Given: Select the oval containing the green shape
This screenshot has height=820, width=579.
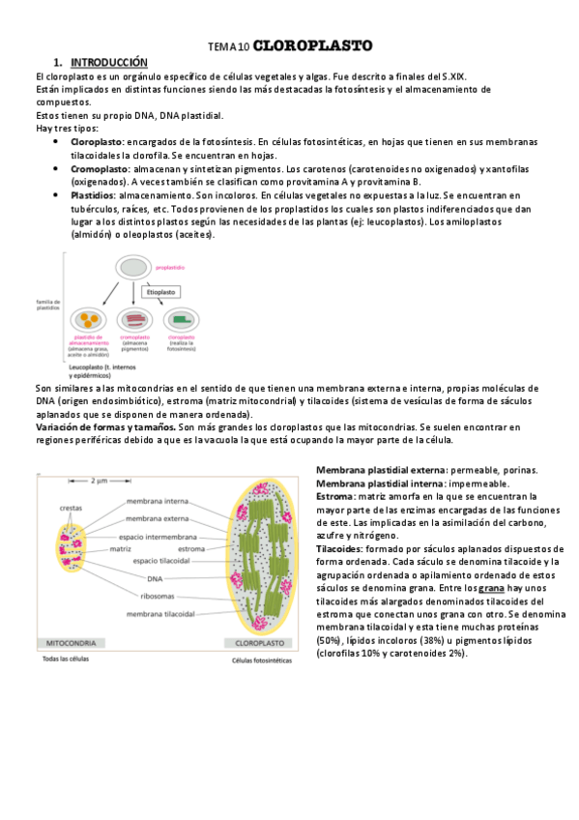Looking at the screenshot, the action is pos(181,319).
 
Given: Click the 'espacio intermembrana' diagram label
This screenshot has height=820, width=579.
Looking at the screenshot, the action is pos(160,537).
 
